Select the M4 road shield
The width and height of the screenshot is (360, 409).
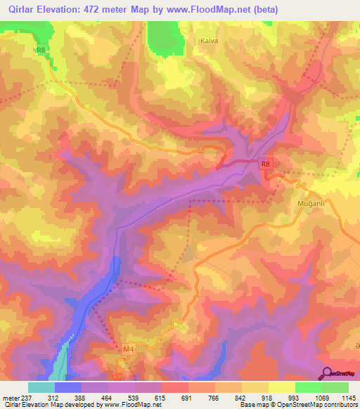(x=127, y=349)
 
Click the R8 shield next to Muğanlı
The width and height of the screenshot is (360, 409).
(x=265, y=164)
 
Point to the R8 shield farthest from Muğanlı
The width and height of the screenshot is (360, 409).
(x=41, y=50)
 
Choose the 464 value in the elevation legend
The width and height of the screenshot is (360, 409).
(x=108, y=398)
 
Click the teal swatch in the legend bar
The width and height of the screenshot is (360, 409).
(x=41, y=387)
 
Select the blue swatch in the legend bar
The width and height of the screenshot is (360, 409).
(x=68, y=387)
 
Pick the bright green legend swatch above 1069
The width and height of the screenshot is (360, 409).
(x=308, y=387)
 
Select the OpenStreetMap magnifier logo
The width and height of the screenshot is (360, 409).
(x=326, y=372)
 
